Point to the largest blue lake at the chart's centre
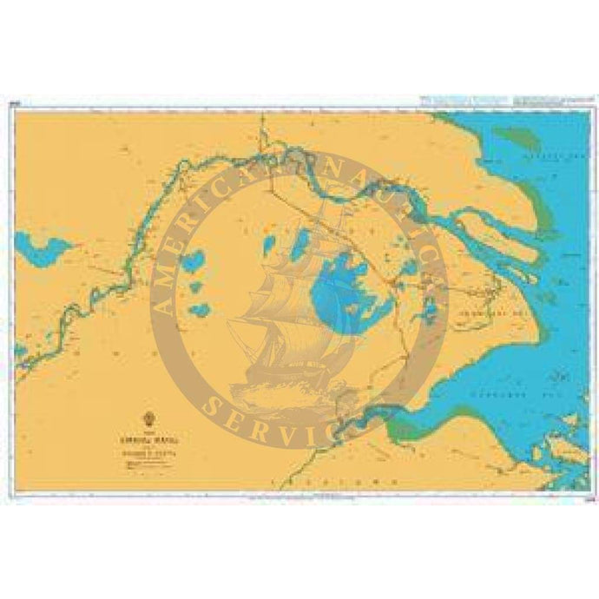click(334, 286)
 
